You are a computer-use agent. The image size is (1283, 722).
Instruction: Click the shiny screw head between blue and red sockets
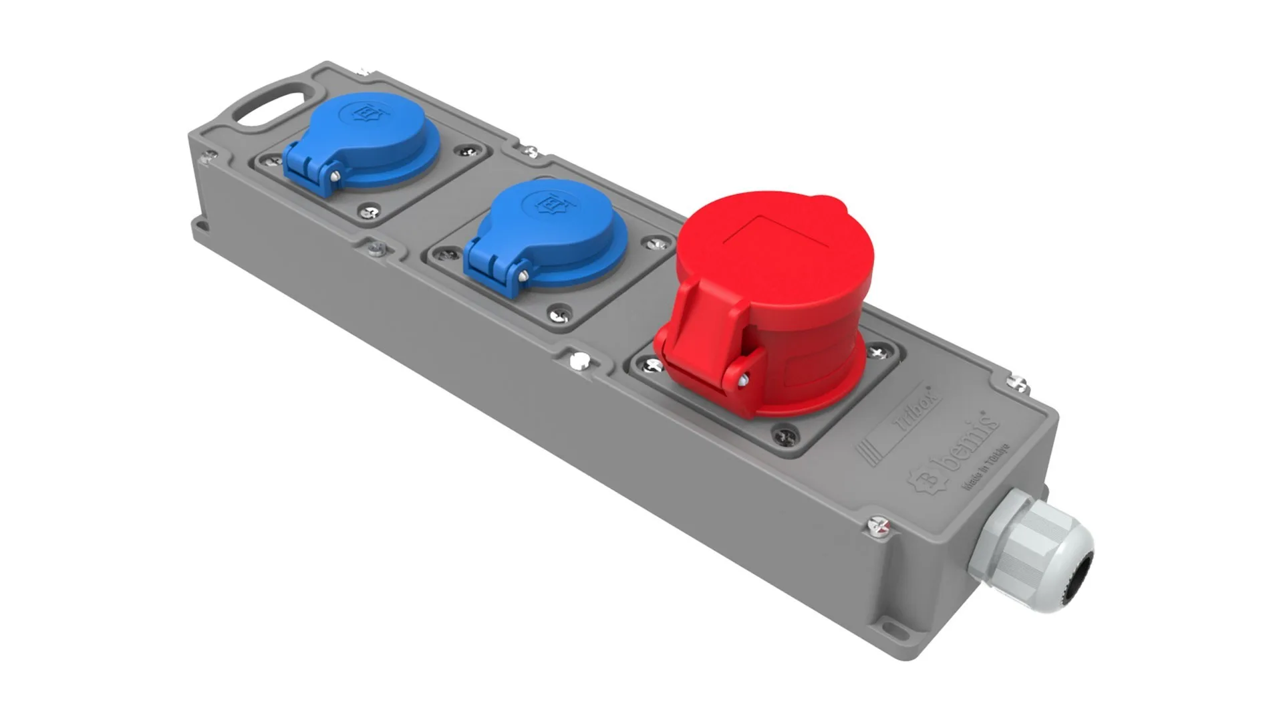tap(579, 361)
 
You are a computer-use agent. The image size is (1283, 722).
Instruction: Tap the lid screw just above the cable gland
tap(879, 527)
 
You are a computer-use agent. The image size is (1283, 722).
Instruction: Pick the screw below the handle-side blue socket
tap(369, 213)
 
